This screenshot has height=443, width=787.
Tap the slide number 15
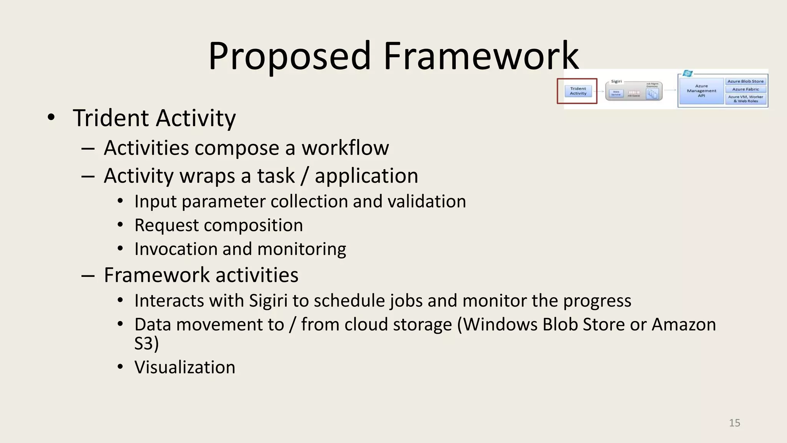[x=734, y=423]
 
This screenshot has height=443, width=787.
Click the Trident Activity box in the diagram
[x=578, y=91]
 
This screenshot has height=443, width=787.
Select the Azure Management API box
[x=701, y=91]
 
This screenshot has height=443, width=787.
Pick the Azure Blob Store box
[x=745, y=82]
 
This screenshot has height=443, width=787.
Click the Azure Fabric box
[x=745, y=89]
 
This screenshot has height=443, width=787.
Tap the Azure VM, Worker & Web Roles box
[x=745, y=99]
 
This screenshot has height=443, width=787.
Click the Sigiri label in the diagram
[x=616, y=82]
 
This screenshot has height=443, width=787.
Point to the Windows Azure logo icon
[x=687, y=73]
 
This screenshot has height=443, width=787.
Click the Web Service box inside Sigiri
[x=616, y=93]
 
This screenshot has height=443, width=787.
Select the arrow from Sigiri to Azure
[x=670, y=90]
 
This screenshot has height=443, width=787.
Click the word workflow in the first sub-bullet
[x=345, y=148]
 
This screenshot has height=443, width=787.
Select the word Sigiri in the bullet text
[x=268, y=301]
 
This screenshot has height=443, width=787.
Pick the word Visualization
[x=185, y=367]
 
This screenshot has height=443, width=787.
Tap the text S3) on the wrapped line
[x=146, y=343]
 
